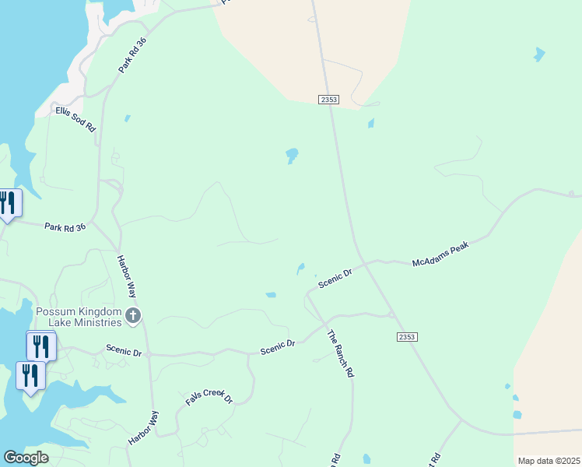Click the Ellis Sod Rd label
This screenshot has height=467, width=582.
pyautogui.click(x=75, y=118)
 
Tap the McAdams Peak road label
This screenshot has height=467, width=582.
pyautogui.click(x=442, y=252)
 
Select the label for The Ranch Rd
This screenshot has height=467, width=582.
pyautogui.click(x=340, y=354)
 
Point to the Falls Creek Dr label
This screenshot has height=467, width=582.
pyautogui.click(x=209, y=397)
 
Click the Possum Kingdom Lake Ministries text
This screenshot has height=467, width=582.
pyautogui.click(x=79, y=317)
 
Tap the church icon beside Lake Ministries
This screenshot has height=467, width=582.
pyautogui.click(x=133, y=315)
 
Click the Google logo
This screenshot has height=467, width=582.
pyautogui.click(x=26, y=458)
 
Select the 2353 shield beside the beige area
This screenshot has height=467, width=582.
pyautogui.click(x=328, y=99)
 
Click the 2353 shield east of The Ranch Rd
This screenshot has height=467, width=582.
pyautogui.click(x=407, y=336)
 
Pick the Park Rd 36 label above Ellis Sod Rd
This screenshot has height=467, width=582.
pyautogui.click(x=132, y=55)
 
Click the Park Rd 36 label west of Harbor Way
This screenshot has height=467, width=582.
pyautogui.click(x=65, y=227)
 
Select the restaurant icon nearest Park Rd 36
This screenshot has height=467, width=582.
pyautogui.click(x=8, y=203)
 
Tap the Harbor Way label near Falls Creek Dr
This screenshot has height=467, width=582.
pyautogui.click(x=143, y=428)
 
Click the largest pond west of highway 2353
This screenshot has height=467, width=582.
pyautogui.click(x=292, y=155)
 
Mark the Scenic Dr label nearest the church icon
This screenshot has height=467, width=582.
pyautogui.click(x=124, y=352)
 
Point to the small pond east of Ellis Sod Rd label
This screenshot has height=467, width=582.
pyautogui.click(x=127, y=119)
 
